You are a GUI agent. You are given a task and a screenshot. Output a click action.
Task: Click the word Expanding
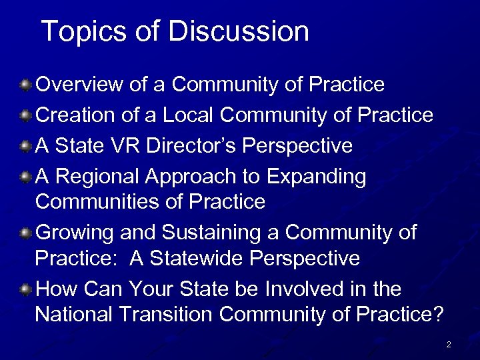pos(317,177)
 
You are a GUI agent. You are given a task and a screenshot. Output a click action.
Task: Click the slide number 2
pos(449,345)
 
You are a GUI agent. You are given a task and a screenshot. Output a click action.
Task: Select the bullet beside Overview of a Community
pos(25,85)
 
